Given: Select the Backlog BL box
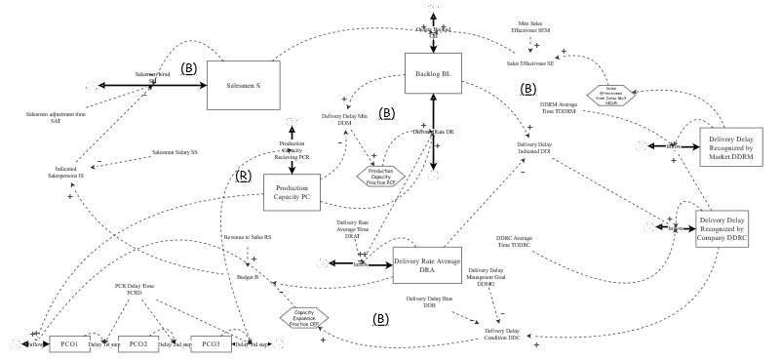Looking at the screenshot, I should pyautogui.click(x=433, y=73).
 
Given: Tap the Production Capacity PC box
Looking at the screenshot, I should pyautogui.click(x=292, y=192).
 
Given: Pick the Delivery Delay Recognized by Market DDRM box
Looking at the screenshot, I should pyautogui.click(x=732, y=145).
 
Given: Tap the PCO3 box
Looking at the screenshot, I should pyautogui.click(x=210, y=343).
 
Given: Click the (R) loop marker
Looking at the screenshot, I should pyautogui.click(x=244, y=177).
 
